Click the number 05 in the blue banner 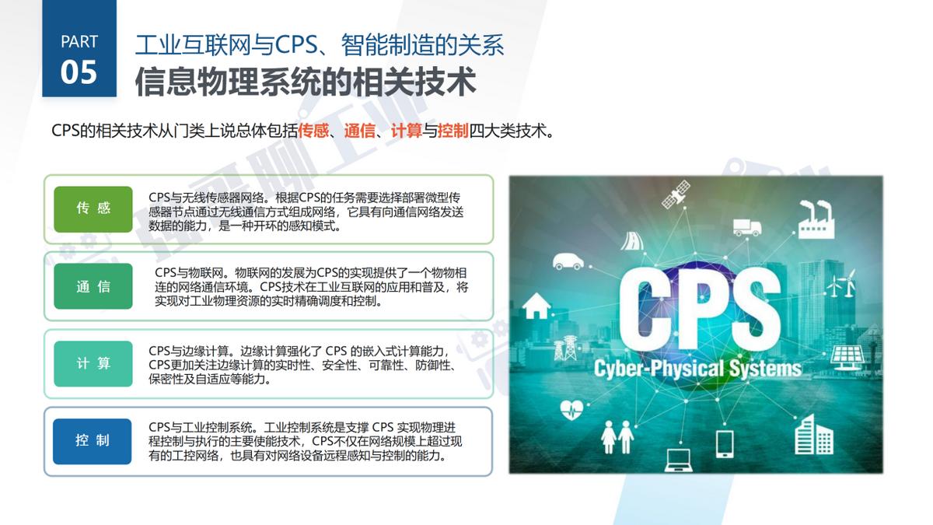[x=79, y=72]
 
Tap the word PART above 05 [x=79, y=41]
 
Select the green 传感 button [x=93, y=208]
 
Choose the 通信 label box [x=93, y=286]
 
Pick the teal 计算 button [x=93, y=363]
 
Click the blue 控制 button [x=93, y=440]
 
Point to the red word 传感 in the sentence [x=313, y=130]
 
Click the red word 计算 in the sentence [x=407, y=130]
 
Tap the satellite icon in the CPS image [x=676, y=194]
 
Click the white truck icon [x=746, y=226]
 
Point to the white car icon [x=568, y=261]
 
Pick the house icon [x=535, y=306]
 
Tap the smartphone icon [x=724, y=443]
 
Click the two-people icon [x=618, y=437]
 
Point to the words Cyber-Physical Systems [x=697, y=367]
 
